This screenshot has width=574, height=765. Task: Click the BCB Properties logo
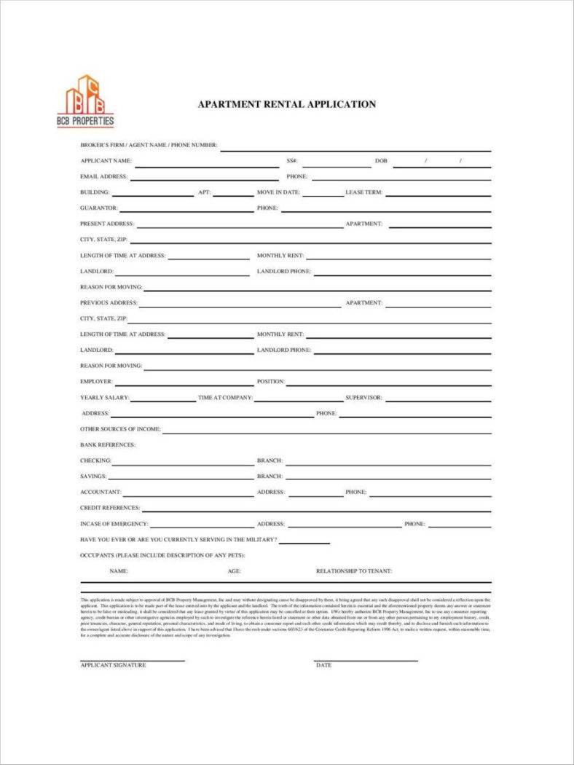pyautogui.click(x=85, y=101)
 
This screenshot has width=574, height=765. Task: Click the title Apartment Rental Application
pyautogui.click(x=287, y=104)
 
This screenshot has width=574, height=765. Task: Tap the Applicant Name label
pyautogui.click(x=106, y=160)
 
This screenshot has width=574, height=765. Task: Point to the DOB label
pyautogui.click(x=382, y=160)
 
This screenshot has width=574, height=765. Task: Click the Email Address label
pyautogui.click(x=103, y=176)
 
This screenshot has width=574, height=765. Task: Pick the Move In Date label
pyautogui.click(x=278, y=192)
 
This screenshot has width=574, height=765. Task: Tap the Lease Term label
pyautogui.click(x=363, y=192)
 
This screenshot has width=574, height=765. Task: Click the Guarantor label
pyautogui.click(x=98, y=208)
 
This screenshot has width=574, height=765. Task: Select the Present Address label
pyautogui.click(x=107, y=224)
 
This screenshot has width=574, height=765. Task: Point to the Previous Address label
pyautogui.click(x=109, y=302)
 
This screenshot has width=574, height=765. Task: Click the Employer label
pyautogui.click(x=96, y=382)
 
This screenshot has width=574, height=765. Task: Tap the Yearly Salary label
pyautogui.click(x=104, y=398)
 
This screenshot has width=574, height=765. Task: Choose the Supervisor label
pyautogui.click(x=363, y=398)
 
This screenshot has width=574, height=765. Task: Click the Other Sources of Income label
pyautogui.click(x=120, y=429)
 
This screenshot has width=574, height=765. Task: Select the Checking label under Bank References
pyautogui.click(x=95, y=460)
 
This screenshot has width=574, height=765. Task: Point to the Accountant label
pyautogui.click(x=101, y=492)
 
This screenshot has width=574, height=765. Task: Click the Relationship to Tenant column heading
pyautogui.click(x=354, y=571)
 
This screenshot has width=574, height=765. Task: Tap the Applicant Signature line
pyautogui.click(x=132, y=661)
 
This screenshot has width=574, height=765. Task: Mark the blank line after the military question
pyautogui.click(x=304, y=542)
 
